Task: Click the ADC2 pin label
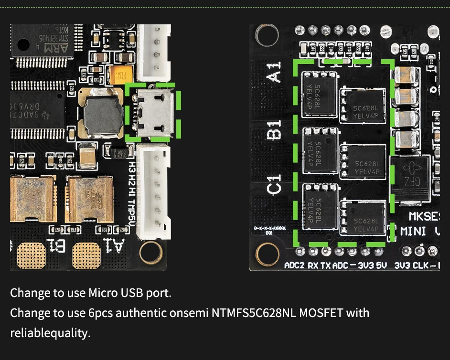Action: tap(294, 265)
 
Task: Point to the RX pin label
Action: tap(313, 265)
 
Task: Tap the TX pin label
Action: tap(326, 265)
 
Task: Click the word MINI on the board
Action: tap(414, 232)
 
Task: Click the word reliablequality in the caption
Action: tap(50, 333)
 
